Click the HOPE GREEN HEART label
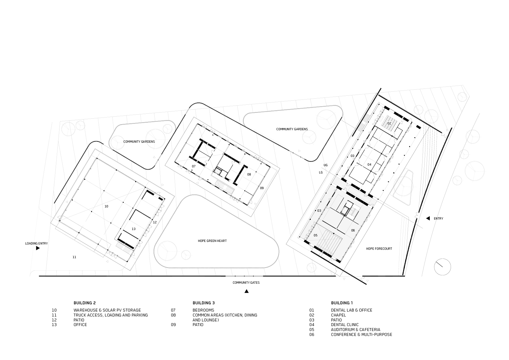click(x=212, y=241)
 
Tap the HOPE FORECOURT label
click(x=379, y=249)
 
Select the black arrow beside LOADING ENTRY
click(x=38, y=248)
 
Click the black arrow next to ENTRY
click(x=428, y=218)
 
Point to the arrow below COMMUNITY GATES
click(x=246, y=291)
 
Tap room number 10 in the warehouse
click(x=106, y=206)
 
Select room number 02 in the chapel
click(x=389, y=123)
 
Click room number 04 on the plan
click(x=369, y=164)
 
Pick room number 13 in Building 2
click(x=133, y=229)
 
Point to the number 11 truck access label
click(x=74, y=257)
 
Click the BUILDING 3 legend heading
click(x=204, y=303)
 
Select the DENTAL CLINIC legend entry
click(x=345, y=325)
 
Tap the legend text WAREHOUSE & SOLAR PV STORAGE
click(x=107, y=310)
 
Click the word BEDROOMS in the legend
click(x=203, y=310)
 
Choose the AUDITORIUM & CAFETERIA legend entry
click(x=355, y=330)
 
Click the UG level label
click(x=326, y=165)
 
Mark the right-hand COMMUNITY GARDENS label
click(x=292, y=129)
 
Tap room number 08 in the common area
click(x=249, y=174)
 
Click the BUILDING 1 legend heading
click(x=342, y=303)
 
